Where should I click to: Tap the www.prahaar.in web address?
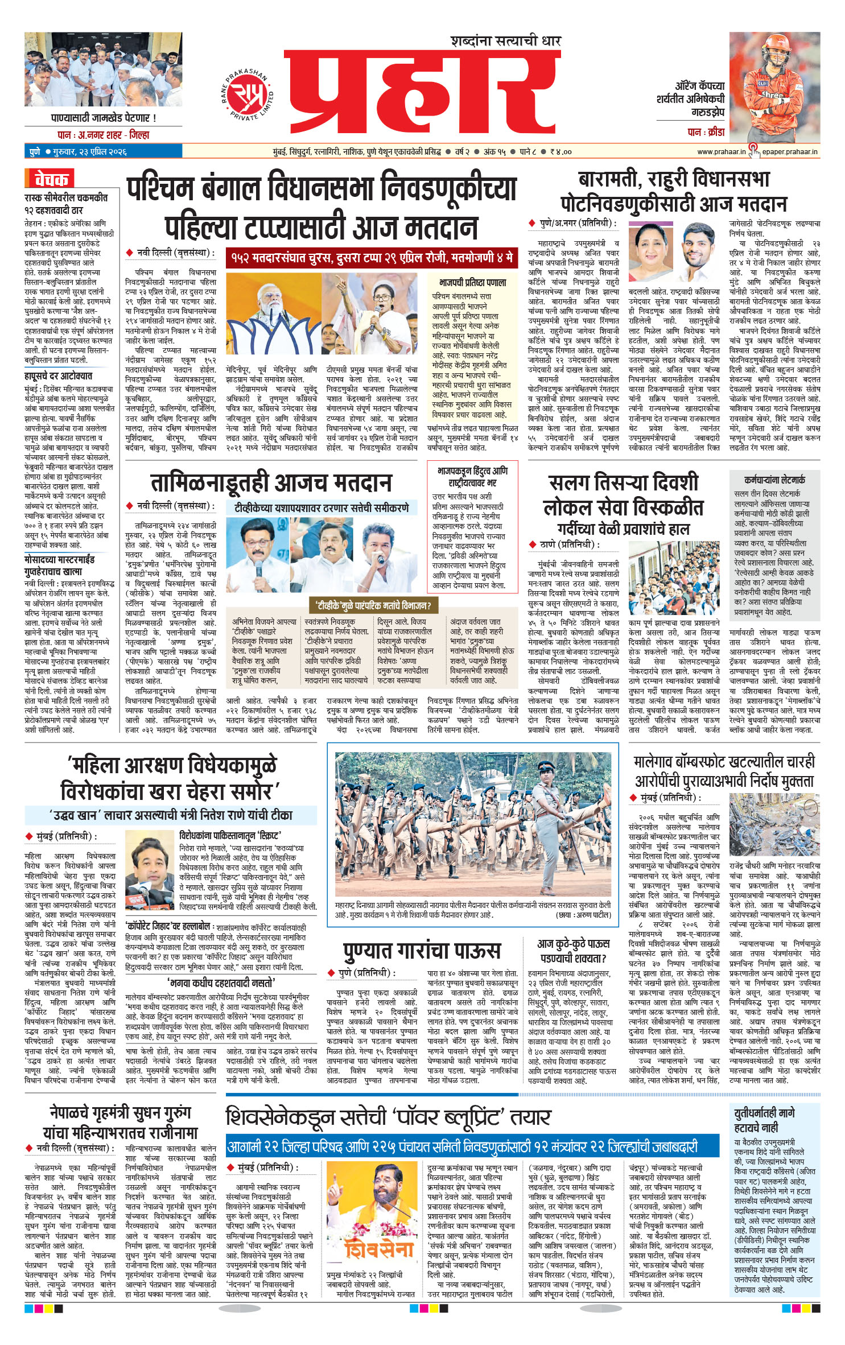click(x=721, y=152)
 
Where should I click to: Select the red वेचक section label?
click(x=50, y=179)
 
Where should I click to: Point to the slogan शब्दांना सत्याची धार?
click(x=505, y=41)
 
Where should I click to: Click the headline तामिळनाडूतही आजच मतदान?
click(x=271, y=483)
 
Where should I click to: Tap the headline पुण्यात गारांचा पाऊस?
click(x=422, y=950)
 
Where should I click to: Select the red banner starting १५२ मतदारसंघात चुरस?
click(x=372, y=258)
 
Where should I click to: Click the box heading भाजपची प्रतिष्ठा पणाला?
click(x=472, y=283)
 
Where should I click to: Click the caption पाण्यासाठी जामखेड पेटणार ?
click(x=103, y=118)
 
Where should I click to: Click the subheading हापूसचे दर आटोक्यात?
click(x=58, y=376)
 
